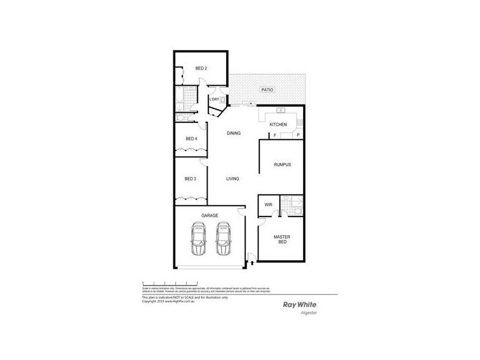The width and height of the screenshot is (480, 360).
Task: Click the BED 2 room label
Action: click(202, 68)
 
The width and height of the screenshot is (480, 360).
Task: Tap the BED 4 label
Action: click(191, 139)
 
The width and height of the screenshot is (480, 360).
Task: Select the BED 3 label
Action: click(191, 178)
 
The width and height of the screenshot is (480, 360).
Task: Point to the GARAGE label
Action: click(209, 215)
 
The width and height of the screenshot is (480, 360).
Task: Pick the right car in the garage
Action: click(223, 239)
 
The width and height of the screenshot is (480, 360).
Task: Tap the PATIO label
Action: click(267, 89)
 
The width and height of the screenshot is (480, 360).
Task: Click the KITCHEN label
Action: click(278, 124)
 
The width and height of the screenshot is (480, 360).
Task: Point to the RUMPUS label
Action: click(282, 164)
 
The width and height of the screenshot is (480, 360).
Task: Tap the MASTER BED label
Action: click(282, 239)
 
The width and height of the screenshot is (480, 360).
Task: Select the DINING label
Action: click(233, 133)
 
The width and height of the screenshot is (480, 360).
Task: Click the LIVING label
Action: click(233, 179)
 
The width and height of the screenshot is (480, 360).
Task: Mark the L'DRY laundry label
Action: click(214, 99)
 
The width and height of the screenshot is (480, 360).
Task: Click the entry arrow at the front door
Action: click(253, 262)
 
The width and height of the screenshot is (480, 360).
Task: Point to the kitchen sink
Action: click(280, 111)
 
